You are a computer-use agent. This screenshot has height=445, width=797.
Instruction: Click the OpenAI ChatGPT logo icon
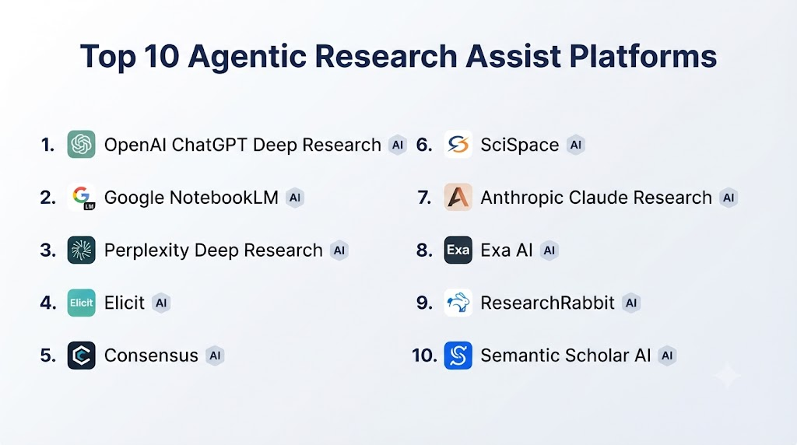[81, 144]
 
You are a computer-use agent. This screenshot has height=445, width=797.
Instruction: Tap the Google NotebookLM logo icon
[81, 197]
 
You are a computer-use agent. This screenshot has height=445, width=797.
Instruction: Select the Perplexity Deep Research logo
[81, 250]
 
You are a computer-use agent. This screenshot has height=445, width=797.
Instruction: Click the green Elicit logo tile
[81, 303]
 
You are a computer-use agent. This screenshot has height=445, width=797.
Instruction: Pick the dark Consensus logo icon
[81, 355]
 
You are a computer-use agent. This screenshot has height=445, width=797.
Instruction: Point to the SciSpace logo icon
[458, 144]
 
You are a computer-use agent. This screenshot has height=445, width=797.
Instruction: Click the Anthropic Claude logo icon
[458, 197]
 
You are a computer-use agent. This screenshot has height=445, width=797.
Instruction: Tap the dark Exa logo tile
[458, 250]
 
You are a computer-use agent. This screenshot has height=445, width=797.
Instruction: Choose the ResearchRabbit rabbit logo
[458, 303]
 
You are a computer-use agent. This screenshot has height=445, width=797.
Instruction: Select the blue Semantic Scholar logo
[458, 355]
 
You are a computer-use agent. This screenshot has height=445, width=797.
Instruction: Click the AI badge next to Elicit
[161, 303]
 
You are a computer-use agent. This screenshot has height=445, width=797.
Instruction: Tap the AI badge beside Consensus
[215, 356]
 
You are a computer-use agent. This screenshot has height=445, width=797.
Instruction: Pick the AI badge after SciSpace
[576, 145]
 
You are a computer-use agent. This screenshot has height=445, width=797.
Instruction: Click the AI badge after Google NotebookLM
[295, 198]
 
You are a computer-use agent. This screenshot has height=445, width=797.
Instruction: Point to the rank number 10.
[424, 356]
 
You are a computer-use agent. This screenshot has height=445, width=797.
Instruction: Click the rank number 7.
[424, 198]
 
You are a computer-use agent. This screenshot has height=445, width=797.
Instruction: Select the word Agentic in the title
[247, 57]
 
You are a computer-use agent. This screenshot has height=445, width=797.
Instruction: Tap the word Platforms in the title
[643, 56]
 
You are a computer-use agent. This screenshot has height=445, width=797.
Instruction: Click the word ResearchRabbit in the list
[547, 303]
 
